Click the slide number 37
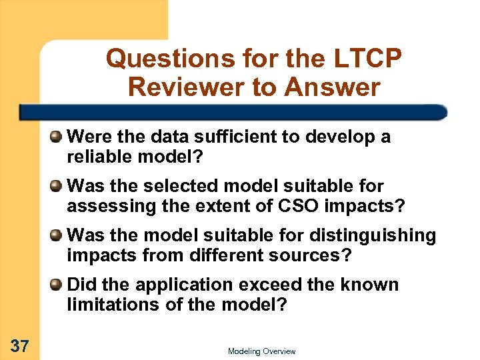tap(20, 345)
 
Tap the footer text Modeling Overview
tap(261, 351)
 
